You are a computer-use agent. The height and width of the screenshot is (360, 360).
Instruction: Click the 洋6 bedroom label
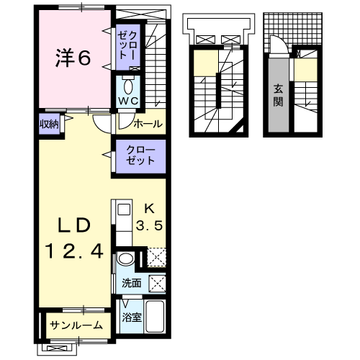coord(73,58)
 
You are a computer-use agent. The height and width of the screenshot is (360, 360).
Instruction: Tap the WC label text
coord(128,101)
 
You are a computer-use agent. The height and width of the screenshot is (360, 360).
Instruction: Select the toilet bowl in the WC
coord(128,86)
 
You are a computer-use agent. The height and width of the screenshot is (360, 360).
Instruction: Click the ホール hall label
coord(148,124)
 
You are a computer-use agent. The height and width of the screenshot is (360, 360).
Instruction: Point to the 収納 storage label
coord(49,124)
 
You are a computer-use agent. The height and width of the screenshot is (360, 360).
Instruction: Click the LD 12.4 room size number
coord(75,251)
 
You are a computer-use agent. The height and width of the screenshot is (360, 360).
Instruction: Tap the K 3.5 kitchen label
coord(149,217)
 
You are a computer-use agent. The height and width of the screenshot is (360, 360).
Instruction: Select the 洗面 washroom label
coord(131,283)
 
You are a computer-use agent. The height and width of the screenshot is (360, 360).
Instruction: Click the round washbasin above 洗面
coord(125,259)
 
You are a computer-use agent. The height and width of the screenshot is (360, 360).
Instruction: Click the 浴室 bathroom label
coord(132,318)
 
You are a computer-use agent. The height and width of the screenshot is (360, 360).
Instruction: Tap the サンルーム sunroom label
coord(76,325)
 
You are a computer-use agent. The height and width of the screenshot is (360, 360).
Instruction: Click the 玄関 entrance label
coord(278,96)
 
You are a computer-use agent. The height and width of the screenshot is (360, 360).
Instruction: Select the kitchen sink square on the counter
coord(125,210)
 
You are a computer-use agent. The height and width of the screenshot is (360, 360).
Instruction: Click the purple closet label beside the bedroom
coord(127,45)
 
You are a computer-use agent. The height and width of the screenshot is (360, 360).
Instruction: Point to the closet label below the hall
coord(140,156)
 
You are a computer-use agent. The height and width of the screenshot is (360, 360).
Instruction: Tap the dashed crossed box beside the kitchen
coord(156,257)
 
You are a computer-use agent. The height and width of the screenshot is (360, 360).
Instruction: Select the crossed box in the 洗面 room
coord(158,284)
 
